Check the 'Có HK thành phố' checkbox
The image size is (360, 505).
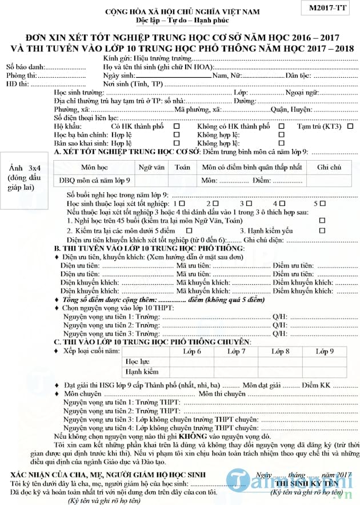(x=177, y=126)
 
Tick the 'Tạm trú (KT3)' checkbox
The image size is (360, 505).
(x=350, y=126)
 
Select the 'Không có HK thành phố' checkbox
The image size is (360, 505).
(x=281, y=126)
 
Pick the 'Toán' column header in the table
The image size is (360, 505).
(x=182, y=167)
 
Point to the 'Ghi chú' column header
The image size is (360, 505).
(x=329, y=167)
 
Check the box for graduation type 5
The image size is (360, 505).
(x=323, y=203)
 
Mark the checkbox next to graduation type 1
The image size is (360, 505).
(x=182, y=203)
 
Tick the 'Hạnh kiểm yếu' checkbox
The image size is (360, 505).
(x=322, y=230)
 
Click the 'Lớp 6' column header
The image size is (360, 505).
(x=191, y=351)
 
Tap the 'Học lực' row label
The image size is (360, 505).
(x=135, y=361)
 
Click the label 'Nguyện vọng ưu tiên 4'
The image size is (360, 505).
(x=98, y=427)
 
